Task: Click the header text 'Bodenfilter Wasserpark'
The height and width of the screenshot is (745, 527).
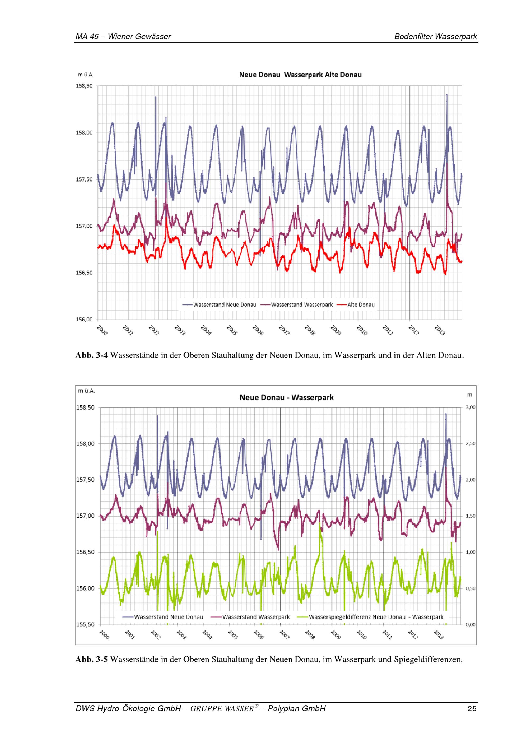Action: pos(436,37)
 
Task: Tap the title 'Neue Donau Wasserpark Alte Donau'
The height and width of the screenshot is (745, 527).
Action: pos(300,75)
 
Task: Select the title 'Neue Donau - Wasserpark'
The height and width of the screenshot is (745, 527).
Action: pos(286,398)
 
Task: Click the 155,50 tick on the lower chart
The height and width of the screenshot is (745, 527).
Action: pos(85,624)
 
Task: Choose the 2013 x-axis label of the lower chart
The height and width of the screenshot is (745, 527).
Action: pos(439,635)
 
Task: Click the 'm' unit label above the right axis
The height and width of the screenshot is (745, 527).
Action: pos(470,395)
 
